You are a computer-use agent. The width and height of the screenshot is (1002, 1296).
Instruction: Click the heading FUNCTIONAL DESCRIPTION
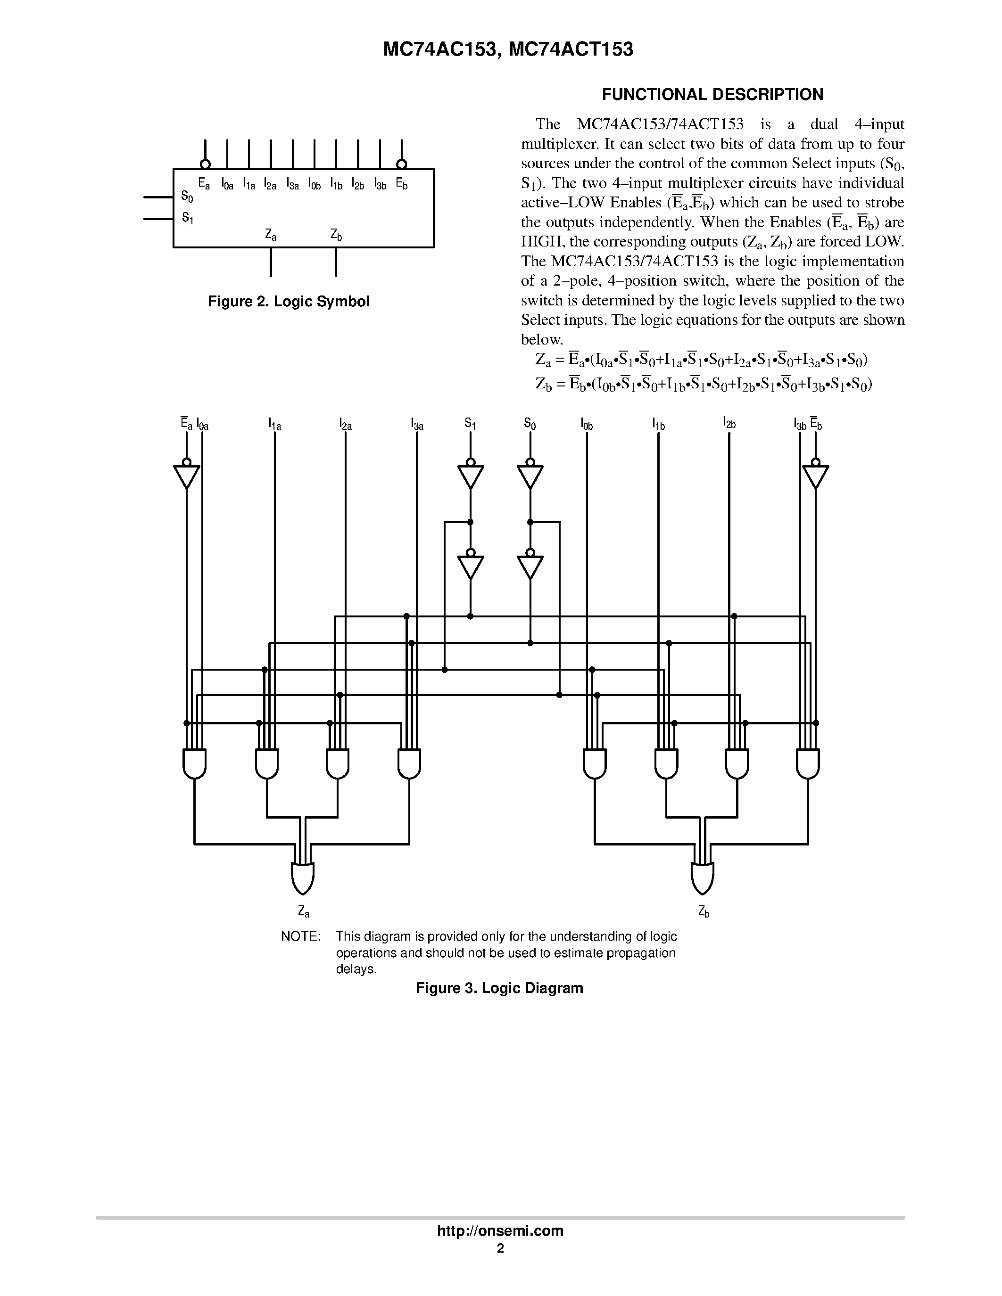coord(712,95)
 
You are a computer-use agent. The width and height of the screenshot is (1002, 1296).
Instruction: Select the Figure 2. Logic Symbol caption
coord(289,302)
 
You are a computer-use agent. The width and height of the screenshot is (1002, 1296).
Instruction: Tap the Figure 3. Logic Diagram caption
coord(499,988)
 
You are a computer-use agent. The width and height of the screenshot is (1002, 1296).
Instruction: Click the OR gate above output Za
coord(302,878)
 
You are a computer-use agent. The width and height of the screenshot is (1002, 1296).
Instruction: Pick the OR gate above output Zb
coord(702,878)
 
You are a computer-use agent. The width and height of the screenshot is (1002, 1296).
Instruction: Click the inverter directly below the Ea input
coord(186,476)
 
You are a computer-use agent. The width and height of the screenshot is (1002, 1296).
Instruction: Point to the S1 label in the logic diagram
coord(470,424)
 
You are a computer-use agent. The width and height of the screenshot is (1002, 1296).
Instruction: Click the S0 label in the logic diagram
coord(530,424)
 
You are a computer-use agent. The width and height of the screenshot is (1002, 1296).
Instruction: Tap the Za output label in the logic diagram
coord(303,910)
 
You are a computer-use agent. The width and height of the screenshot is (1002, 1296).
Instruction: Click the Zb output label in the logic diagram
coord(704,910)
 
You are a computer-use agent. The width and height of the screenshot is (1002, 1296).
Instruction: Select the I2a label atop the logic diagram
coord(346,424)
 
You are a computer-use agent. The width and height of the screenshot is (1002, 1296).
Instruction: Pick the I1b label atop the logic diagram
coord(658,424)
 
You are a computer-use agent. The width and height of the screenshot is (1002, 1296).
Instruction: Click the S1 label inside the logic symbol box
coord(188,218)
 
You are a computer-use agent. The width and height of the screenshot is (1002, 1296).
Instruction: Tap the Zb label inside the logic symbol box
coord(336,235)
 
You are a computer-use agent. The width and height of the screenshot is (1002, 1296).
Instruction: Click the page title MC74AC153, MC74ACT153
coord(508,50)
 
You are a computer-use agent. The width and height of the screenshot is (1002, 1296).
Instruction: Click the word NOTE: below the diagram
coord(300,936)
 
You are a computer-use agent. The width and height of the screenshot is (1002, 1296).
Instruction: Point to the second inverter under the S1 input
coord(470,566)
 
